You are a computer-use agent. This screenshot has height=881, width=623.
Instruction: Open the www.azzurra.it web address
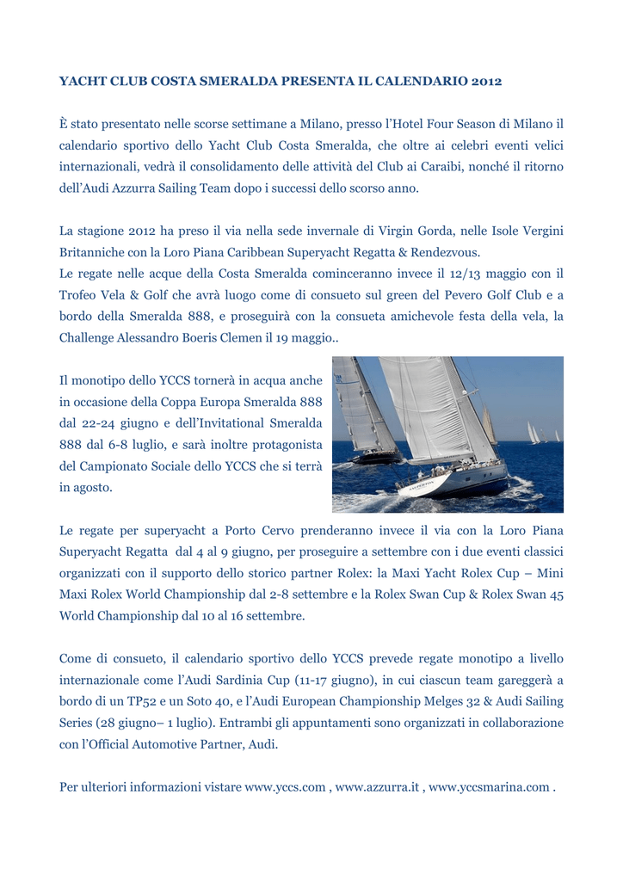(x=378, y=786)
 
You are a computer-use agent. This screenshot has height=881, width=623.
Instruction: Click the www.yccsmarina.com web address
(x=488, y=786)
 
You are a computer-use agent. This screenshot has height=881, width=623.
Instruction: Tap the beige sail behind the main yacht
(x=489, y=427)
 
